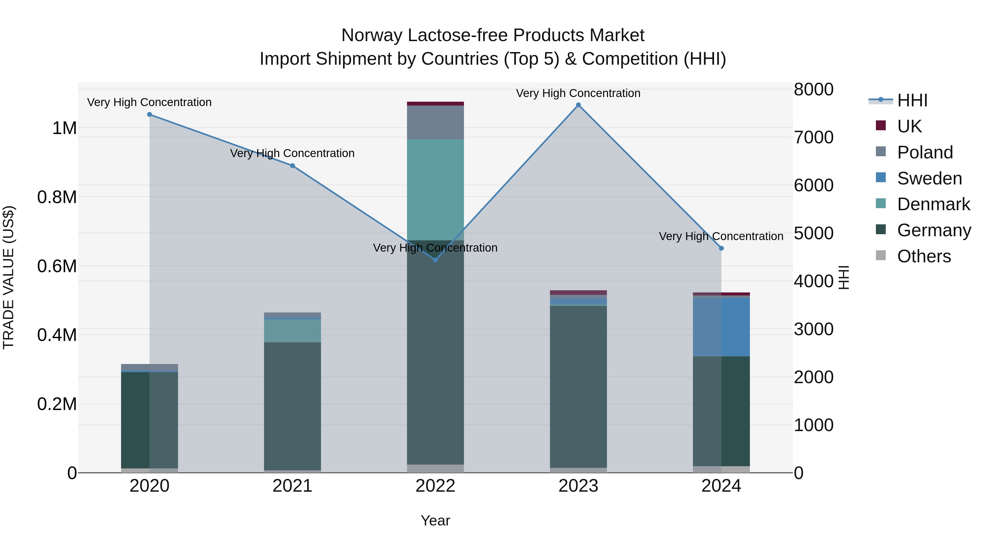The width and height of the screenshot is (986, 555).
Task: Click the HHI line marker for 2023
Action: [x=578, y=105]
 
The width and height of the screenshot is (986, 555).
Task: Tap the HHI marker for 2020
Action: [x=150, y=115]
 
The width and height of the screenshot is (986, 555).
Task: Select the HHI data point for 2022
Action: [x=435, y=260]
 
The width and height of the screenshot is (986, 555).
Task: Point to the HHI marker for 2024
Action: [x=721, y=248]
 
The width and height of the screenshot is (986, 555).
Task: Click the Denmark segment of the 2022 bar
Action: [x=435, y=190]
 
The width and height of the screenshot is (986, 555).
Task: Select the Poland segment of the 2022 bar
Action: [x=435, y=122]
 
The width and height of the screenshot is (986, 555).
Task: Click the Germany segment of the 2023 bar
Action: [x=578, y=387]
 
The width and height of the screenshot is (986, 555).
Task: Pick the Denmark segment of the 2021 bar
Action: [x=293, y=331]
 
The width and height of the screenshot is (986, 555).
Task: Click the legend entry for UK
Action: [x=909, y=126]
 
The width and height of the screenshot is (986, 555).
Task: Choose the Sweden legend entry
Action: [x=929, y=178]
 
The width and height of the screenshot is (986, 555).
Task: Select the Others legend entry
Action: [x=924, y=256]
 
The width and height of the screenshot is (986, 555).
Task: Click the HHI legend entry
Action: [x=912, y=100]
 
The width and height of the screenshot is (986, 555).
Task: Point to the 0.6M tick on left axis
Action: [x=57, y=266]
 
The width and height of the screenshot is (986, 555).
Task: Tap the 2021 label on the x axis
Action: [x=293, y=486]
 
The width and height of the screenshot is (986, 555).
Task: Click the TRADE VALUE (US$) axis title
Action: [x=9, y=277]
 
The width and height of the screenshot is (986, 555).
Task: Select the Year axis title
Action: [x=435, y=520]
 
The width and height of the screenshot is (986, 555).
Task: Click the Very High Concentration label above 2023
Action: [x=578, y=93]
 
